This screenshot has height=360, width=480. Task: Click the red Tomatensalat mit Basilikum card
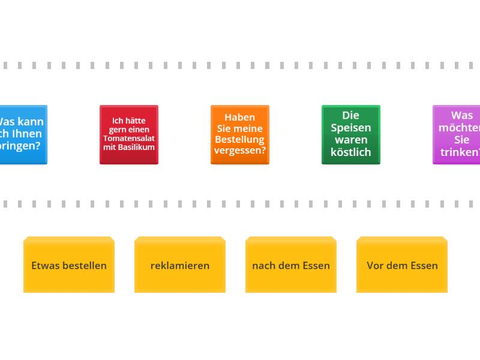click(x=128, y=134)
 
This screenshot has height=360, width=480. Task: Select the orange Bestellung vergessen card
click(x=239, y=134)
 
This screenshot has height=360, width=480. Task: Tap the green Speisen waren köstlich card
click(x=350, y=134)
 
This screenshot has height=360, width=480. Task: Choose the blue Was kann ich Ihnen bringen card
click(x=23, y=134)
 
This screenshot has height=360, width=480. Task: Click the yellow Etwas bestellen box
click(x=69, y=265)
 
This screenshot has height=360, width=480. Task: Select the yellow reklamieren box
click(x=180, y=265)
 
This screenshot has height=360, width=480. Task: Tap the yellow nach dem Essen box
click(x=291, y=265)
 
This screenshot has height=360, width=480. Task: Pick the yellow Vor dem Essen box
click(x=402, y=265)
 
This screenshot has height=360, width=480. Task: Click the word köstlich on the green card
click(x=350, y=152)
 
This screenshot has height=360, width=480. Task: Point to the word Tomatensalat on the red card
click(x=129, y=138)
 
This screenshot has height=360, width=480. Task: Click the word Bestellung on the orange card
click(x=239, y=139)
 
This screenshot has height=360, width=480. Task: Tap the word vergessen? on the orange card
click(x=239, y=151)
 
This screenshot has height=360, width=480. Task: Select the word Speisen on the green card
click(x=350, y=128)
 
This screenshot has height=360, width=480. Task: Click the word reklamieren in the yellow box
click(x=180, y=265)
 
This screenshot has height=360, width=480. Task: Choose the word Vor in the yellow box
click(x=376, y=265)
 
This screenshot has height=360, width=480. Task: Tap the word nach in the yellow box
click(x=262, y=265)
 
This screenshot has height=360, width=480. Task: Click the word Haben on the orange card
click(x=239, y=118)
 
